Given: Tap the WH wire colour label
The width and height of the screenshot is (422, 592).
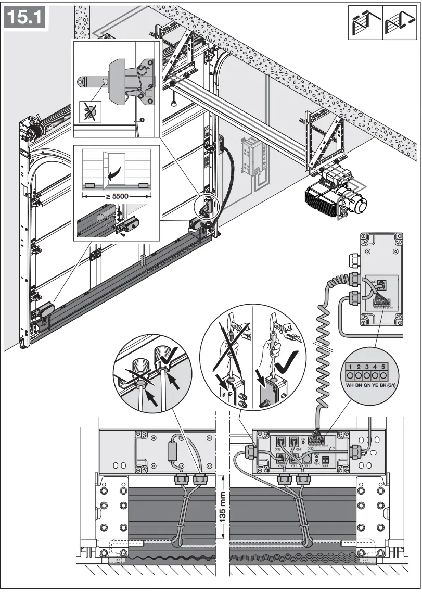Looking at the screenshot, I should click(x=350, y=385).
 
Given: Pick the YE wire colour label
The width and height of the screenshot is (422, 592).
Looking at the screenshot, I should click(x=376, y=385).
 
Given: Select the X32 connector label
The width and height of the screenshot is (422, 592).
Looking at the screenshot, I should click(x=278, y=449).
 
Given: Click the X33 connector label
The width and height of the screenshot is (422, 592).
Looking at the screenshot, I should click(x=325, y=465).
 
